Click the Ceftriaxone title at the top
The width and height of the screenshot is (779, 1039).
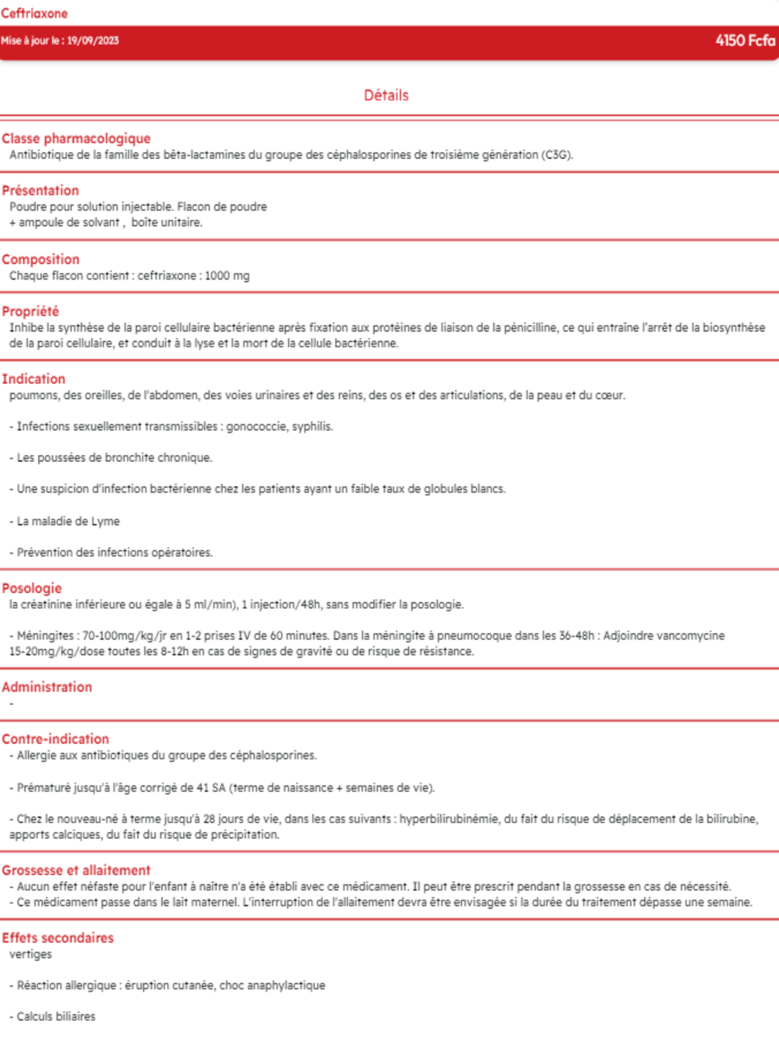pyautogui.click(x=34, y=13)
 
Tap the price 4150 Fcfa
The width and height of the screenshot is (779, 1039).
pyautogui.click(x=745, y=41)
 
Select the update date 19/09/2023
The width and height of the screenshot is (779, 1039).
pyautogui.click(x=93, y=41)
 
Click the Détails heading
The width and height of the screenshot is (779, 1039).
pyautogui.click(x=386, y=95)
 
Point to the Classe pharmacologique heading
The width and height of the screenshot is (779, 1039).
pyautogui.click(x=76, y=139)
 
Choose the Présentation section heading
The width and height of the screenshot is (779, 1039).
pyautogui.click(x=41, y=190)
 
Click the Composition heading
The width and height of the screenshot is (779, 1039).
pyautogui.click(x=41, y=259)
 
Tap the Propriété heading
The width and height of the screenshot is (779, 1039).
pyautogui.click(x=30, y=311)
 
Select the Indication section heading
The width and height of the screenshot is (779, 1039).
pyautogui.click(x=33, y=379)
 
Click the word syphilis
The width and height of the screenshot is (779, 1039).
pyautogui.click(x=312, y=427)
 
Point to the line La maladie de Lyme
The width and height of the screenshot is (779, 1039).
pyautogui.click(x=69, y=521)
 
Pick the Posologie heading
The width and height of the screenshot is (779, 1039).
pyautogui.click(x=32, y=588)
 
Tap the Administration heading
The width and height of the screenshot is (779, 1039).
pyautogui.click(x=47, y=687)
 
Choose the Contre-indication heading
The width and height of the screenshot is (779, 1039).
pyautogui.click(x=55, y=738)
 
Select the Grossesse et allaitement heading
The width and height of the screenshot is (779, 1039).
pyautogui.click(x=76, y=870)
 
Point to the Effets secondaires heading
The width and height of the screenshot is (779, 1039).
pyautogui.click(x=58, y=938)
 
